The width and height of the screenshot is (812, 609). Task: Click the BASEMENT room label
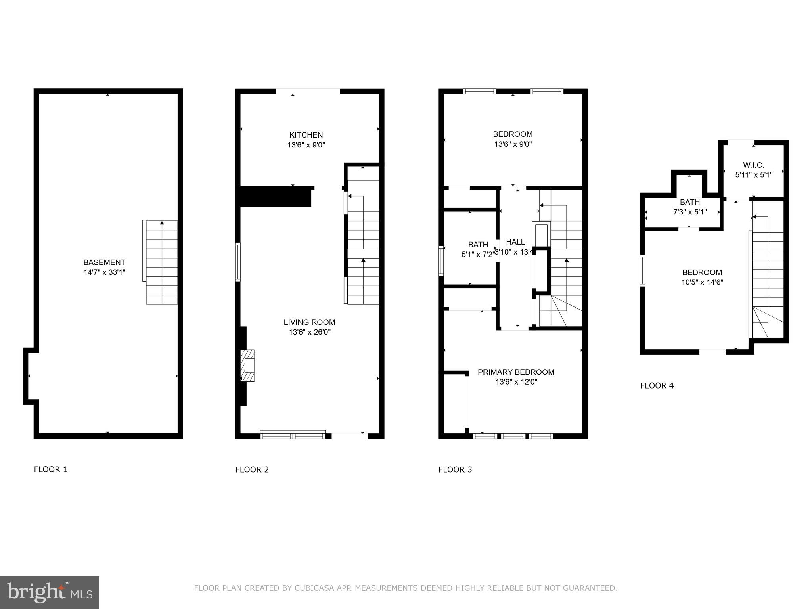point(104,262)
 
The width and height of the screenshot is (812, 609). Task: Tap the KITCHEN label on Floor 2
point(306,135)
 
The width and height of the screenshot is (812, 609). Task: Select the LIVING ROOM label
point(309,322)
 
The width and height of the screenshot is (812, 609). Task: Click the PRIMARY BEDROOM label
point(516,372)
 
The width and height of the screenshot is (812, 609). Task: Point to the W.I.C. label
point(753,165)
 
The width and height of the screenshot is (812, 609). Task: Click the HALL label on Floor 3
point(515,242)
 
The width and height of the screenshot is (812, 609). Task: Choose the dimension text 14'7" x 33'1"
point(104,272)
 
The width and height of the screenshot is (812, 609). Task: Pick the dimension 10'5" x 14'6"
point(702,282)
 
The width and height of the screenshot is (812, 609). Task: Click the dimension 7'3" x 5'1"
point(690,212)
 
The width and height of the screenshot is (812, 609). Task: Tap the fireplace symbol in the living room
point(248,365)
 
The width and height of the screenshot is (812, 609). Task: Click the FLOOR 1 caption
point(51,469)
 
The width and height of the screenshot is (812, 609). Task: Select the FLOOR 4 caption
point(657,385)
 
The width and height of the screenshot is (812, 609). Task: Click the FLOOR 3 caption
point(455,469)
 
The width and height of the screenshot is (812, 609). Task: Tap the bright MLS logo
point(49,592)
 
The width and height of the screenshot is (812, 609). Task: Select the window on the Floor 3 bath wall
point(441,260)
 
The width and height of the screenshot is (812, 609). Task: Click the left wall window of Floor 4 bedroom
point(642,270)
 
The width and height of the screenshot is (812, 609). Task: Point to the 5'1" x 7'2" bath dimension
point(478,255)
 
